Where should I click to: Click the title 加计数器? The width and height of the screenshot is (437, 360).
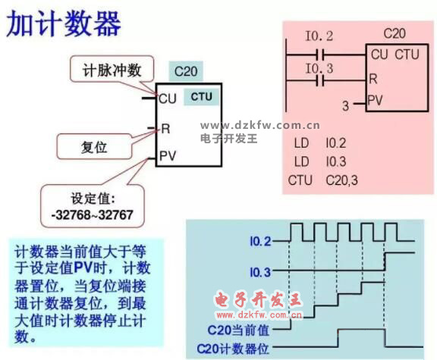tap(64, 24)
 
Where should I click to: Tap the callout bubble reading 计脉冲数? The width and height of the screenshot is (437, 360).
tap(112, 69)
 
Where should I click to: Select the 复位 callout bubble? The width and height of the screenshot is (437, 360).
tap(95, 146)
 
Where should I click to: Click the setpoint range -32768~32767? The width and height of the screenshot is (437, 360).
tap(93, 215)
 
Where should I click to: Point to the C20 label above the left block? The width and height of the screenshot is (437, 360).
tap(186, 71)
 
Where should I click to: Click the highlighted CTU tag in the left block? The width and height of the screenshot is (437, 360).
tap(202, 96)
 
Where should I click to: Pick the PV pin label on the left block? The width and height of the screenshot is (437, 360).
tap(168, 156)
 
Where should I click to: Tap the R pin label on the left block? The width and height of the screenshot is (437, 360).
tap(165, 129)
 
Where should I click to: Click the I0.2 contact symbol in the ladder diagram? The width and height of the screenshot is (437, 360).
tap(320, 55)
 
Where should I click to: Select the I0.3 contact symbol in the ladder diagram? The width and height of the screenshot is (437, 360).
tap(320, 81)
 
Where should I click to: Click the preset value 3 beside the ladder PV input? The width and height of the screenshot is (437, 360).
tap(346, 105)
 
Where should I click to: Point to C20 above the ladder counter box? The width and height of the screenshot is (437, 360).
tap(395, 33)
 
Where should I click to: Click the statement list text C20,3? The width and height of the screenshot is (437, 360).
tap(341, 180)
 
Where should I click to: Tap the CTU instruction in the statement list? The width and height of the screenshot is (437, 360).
tap(300, 180)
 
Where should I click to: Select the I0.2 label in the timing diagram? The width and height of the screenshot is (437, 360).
tap(260, 241)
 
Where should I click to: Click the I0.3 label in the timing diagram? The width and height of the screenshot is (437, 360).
tap(260, 272)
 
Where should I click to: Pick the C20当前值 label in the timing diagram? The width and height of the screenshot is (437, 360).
tap(238, 330)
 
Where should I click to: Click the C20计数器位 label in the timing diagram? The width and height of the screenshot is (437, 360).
tap(233, 349)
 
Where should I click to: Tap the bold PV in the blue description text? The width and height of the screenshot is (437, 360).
tap(83, 268)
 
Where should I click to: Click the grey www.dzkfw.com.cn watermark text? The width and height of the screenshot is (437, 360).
tap(259, 126)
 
